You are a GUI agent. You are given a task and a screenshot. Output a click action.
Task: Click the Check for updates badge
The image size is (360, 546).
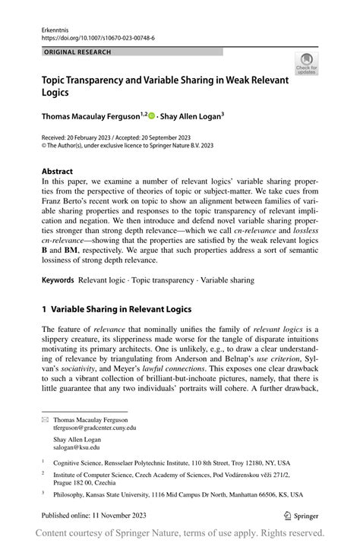point(307,64)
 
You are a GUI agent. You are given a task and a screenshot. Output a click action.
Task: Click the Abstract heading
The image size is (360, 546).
point(58,171)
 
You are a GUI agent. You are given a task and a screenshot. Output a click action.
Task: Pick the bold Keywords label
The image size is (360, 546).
point(58,280)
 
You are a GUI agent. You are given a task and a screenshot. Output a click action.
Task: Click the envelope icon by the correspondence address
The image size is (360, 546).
point(45,419)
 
